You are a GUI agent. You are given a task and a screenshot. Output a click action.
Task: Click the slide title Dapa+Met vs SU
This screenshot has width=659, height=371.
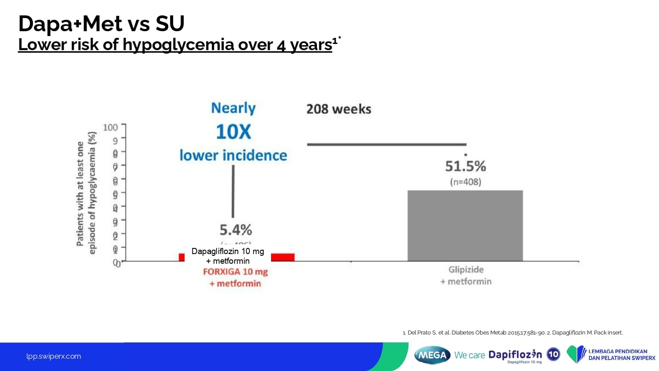101,24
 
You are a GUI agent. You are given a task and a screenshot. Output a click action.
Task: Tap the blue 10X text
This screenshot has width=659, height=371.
233,132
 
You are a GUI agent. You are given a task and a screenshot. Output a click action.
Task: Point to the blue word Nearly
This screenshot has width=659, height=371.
233,108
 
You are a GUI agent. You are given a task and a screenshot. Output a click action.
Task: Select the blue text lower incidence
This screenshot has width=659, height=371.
233,156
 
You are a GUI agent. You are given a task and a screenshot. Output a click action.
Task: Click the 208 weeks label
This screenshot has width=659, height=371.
339,109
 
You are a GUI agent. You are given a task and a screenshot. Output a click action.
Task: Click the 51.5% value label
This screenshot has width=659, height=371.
465,166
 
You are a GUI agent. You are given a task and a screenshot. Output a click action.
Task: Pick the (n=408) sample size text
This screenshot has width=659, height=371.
465,182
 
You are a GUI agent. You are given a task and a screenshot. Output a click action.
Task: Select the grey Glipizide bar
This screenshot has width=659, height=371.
465,226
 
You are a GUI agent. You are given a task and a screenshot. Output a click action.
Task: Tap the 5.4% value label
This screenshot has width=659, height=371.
236,229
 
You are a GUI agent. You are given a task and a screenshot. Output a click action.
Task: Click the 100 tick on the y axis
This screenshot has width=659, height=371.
110,127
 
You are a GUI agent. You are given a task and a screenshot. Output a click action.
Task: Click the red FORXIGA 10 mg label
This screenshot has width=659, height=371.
235,272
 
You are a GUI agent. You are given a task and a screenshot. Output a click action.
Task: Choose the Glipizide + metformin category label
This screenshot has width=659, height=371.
466,276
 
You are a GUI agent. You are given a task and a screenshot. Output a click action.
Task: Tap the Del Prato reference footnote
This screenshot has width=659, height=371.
513,333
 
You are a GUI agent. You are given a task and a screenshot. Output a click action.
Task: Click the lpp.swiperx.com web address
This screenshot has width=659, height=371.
54,356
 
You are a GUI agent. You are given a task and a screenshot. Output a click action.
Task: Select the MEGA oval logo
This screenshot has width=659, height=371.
432,355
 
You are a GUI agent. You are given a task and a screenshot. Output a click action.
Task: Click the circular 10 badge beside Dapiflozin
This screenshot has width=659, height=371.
554,354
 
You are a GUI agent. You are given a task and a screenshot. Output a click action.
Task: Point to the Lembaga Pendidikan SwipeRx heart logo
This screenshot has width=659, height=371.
576,354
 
